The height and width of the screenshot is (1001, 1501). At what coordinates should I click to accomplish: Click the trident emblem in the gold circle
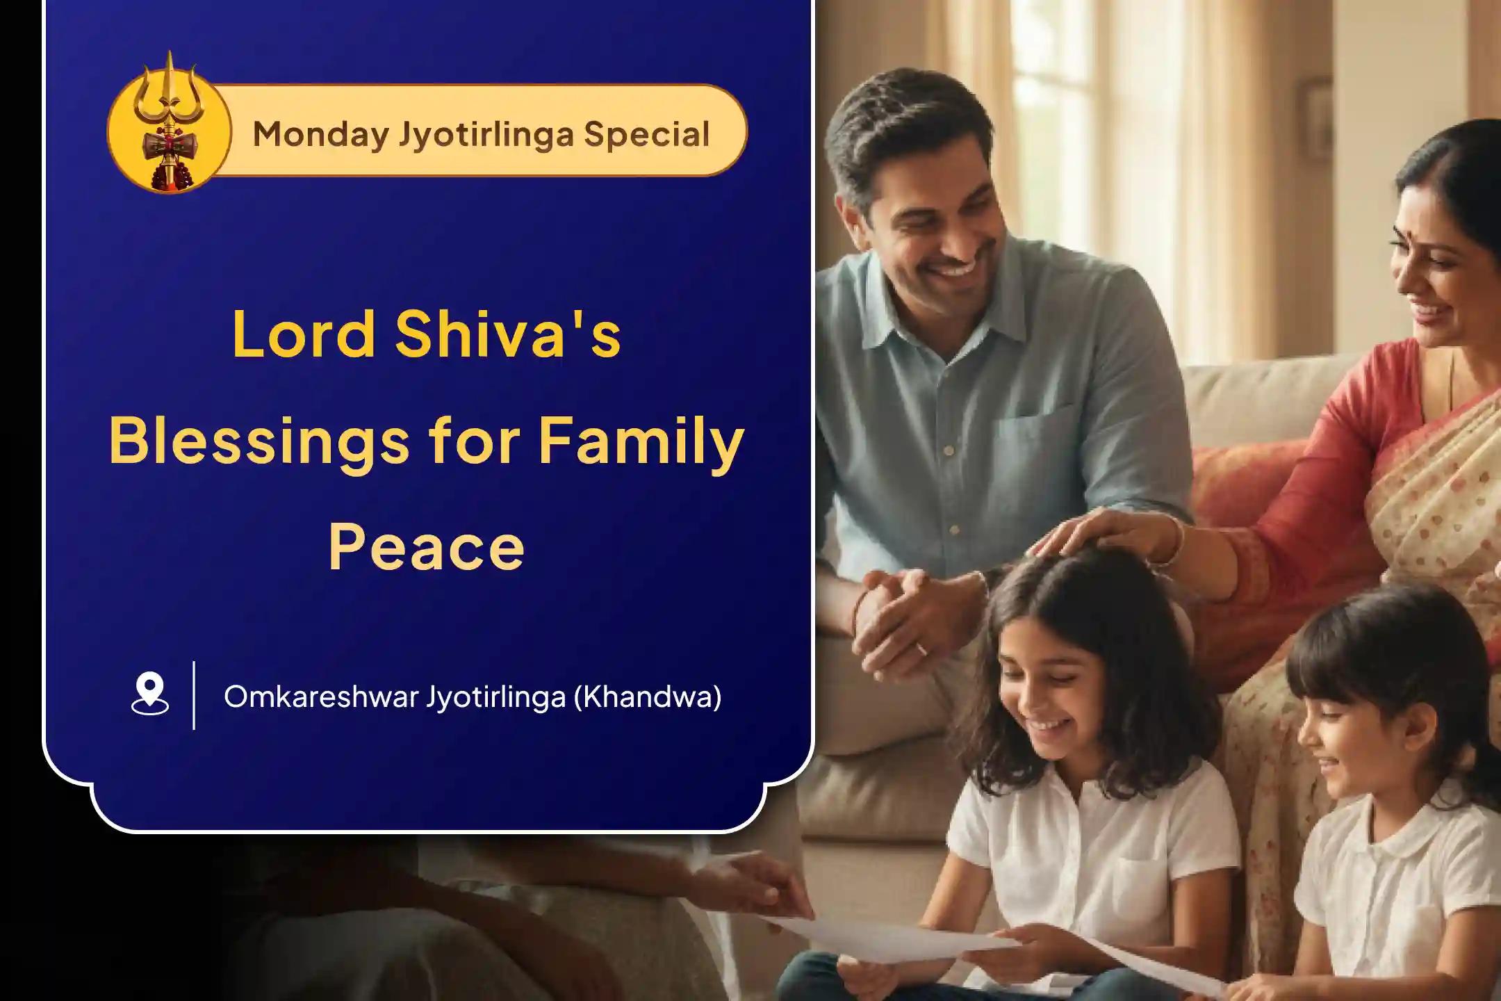169,122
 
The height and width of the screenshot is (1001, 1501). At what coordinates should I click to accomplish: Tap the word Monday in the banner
320,134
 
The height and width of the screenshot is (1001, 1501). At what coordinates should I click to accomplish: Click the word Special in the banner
646,134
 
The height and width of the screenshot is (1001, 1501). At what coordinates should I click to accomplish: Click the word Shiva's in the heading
507,334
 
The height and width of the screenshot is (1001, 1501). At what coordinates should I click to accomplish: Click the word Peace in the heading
426,548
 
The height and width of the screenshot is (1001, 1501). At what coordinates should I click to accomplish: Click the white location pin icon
150,694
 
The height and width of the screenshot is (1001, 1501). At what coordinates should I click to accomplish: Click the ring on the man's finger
921,649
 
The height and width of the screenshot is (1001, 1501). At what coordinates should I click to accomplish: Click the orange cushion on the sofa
1247,487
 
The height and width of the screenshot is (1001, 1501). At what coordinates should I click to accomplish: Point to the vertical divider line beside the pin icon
194,695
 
